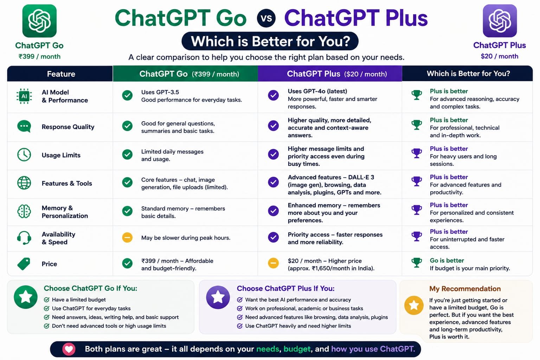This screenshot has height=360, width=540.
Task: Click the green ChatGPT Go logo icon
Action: [39, 21]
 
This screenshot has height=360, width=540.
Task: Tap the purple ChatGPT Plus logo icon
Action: [500, 21]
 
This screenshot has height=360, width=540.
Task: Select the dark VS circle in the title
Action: [266, 18]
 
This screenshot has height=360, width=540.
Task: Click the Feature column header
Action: [61, 74]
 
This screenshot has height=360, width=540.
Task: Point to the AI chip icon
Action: [24, 96]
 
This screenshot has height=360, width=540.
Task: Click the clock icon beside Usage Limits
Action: [24, 155]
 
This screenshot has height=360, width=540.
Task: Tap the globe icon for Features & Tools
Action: [24, 183]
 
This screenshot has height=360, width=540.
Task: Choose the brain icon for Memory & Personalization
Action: [24, 211]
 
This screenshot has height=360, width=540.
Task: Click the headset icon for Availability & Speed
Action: [24, 238]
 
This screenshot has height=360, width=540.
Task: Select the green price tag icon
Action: [24, 264]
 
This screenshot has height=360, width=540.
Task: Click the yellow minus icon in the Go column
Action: [127, 238]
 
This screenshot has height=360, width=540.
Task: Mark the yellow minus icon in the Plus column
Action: [274, 263]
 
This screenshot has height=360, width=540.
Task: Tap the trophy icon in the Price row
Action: [417, 263]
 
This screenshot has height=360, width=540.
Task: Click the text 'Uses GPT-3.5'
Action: [160, 92]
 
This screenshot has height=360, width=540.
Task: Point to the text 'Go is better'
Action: [447, 261]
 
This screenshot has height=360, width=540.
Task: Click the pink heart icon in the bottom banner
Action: [69, 349]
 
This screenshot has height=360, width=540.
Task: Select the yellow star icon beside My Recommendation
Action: [414, 305]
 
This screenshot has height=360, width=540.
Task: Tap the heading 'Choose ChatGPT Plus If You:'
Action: [286, 288]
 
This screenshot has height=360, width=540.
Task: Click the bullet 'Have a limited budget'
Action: [79, 300]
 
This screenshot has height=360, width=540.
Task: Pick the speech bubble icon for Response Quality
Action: [24, 126]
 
